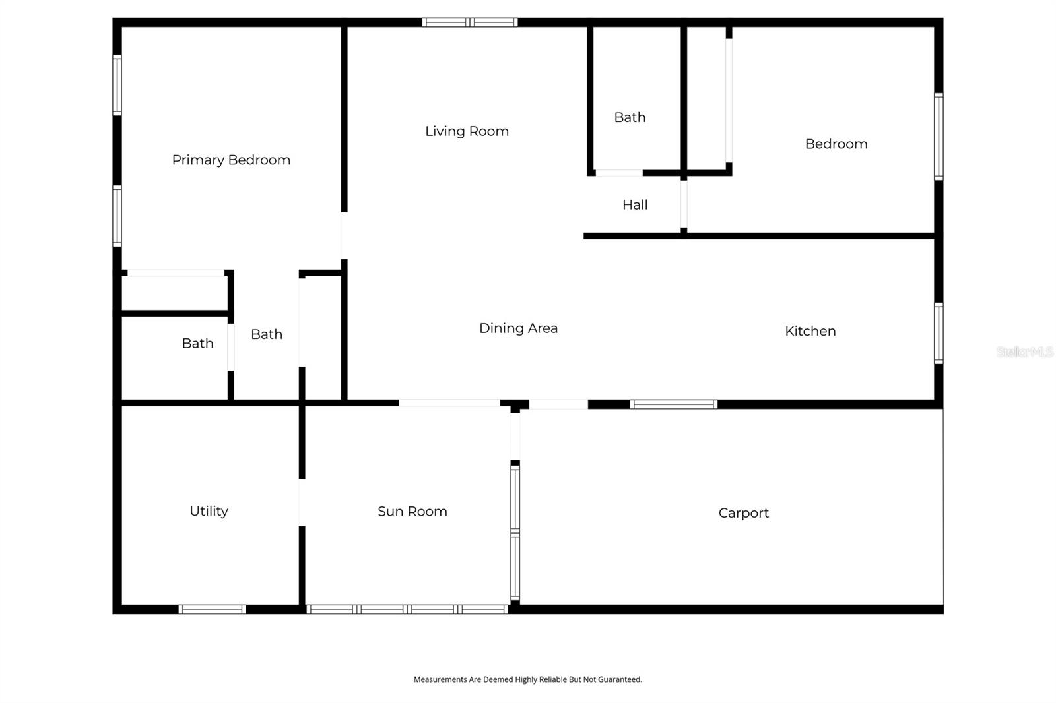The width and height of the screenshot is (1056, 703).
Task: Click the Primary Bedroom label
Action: (231, 160)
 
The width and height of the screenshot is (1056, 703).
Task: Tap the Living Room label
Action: (467, 131)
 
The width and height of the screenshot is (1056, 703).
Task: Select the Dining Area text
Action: (518, 328)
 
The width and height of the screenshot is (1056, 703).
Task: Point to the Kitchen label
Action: (810, 331)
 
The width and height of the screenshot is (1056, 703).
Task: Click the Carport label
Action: (743, 513)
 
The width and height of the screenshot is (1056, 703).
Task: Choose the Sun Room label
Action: (412, 512)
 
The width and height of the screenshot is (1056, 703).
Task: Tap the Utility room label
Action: (209, 511)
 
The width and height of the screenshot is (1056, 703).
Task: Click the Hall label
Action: (634, 205)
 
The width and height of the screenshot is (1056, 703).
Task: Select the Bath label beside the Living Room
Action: (630, 117)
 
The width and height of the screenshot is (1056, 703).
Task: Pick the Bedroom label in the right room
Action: (836, 144)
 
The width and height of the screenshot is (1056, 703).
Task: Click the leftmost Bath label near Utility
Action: (197, 343)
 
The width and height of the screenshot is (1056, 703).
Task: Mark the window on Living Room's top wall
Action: (469, 22)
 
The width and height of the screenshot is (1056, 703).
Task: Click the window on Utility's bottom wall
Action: (212, 609)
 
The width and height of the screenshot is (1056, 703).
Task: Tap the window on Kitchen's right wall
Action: (939, 333)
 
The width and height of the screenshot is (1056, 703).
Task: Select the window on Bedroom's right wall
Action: (939, 137)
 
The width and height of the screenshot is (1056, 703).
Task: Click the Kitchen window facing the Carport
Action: (673, 404)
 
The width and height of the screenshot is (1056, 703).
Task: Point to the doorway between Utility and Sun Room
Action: (302, 503)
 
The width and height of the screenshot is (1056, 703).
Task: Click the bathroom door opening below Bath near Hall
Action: (618, 173)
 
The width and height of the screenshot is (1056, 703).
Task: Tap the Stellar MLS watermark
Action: (1024, 352)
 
